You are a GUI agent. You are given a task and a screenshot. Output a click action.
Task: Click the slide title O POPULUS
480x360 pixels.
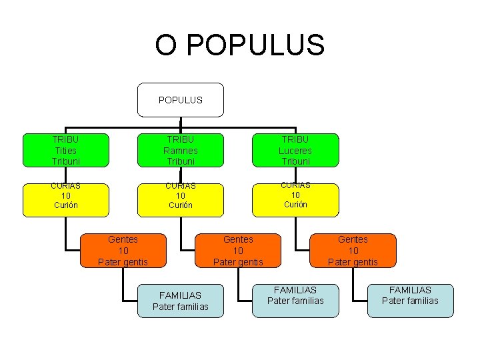pyautogui.click(x=240, y=45)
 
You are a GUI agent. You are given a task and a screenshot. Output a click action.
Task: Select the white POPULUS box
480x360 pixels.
pyautogui.click(x=181, y=100)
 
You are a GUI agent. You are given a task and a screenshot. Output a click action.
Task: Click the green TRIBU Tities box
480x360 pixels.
pyautogui.click(x=65, y=150)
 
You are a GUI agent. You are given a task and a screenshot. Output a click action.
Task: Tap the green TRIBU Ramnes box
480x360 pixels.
pyautogui.click(x=181, y=150)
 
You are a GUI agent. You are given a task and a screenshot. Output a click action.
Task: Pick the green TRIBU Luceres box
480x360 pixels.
pyautogui.click(x=295, y=150)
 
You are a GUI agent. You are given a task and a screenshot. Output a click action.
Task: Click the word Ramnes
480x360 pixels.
pyautogui.click(x=181, y=151)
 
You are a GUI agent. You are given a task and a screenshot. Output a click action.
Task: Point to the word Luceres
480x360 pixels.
pyautogui.click(x=295, y=151)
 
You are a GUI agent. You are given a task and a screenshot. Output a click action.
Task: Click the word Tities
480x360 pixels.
pyautogui.click(x=65, y=151)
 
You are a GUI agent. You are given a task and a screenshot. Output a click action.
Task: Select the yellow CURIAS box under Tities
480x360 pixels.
pyautogui.click(x=65, y=200)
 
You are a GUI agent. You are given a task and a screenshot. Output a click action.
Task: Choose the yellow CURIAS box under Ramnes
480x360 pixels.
pyautogui.click(x=181, y=200)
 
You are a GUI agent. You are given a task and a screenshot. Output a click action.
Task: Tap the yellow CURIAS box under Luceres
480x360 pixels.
pyautogui.click(x=295, y=200)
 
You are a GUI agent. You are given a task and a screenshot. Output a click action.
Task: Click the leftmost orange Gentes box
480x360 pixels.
pyautogui.click(x=123, y=250)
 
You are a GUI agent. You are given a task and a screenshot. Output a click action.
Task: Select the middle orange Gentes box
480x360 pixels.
pyautogui.click(x=238, y=250)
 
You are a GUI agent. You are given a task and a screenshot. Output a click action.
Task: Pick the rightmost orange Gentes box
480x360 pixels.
pyautogui.click(x=353, y=250)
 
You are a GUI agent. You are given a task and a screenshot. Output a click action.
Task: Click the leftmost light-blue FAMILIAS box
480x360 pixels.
pyautogui.click(x=180, y=301)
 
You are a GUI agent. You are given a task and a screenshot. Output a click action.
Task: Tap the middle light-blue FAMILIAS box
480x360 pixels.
pyautogui.click(x=295, y=301)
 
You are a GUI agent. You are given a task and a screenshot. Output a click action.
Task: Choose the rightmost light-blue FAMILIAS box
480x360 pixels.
pyautogui.click(x=410, y=301)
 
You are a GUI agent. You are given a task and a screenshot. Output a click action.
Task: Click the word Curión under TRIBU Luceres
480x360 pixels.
pyautogui.click(x=295, y=205)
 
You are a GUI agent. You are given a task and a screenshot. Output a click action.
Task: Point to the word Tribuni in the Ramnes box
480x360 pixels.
pyautogui.click(x=181, y=161)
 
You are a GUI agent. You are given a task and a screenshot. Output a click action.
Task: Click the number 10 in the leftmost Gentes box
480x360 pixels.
pyautogui.click(x=123, y=251)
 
